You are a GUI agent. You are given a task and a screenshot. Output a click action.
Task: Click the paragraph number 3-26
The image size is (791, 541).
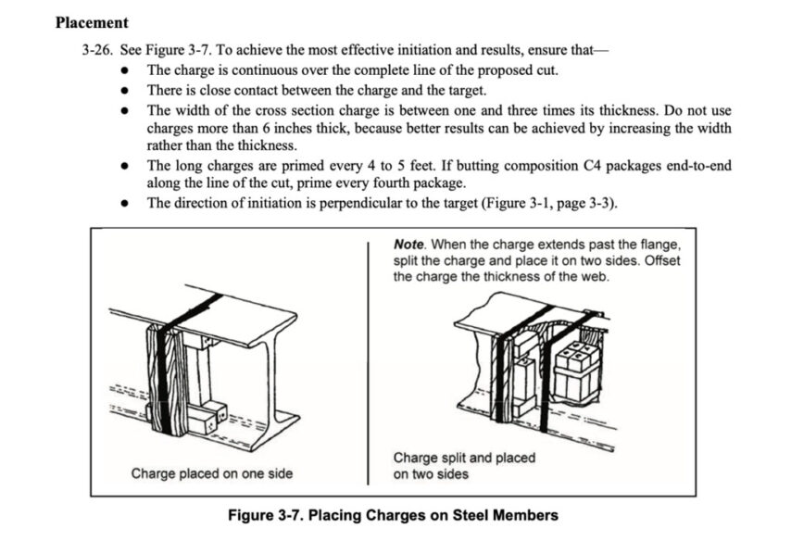click(x=98, y=47)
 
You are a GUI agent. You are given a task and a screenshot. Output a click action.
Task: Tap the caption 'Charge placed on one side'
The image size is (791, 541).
click(x=211, y=473)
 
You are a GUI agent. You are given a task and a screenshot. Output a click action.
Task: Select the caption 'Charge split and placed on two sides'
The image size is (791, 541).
click(x=463, y=465)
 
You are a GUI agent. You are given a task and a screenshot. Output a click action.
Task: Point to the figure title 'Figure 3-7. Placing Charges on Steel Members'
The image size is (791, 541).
click(x=394, y=515)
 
